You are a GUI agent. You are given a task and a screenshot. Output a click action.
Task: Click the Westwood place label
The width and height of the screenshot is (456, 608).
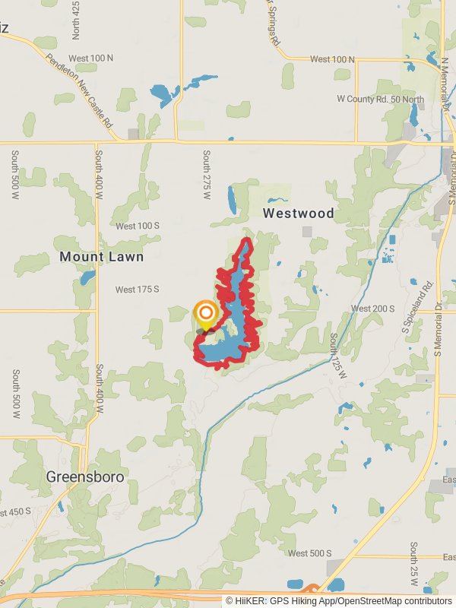299,214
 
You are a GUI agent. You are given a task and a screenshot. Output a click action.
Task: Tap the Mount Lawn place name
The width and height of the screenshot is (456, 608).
102,257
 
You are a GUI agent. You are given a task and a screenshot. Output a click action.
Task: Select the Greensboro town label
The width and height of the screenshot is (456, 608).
85,477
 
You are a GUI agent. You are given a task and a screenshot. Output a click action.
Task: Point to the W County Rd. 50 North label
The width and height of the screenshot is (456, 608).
381,100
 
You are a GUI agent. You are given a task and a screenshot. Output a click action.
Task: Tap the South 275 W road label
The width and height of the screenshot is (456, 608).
206,175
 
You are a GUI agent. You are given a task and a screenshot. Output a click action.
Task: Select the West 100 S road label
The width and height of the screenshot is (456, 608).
138,226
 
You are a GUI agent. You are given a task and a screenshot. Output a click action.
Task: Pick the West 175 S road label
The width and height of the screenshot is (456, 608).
137,290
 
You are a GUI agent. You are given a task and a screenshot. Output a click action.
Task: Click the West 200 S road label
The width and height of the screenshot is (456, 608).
372,309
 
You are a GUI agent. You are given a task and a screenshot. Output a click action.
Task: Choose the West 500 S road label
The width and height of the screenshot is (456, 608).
310,553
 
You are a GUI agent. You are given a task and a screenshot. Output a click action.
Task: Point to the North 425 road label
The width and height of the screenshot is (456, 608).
75,19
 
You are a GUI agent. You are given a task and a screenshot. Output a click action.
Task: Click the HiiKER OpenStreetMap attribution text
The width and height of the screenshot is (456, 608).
339,600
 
